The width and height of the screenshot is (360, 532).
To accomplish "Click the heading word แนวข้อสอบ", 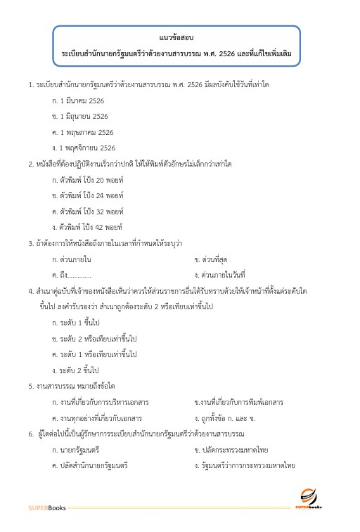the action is (176, 35).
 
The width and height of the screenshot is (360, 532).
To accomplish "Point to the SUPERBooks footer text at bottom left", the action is (46, 507).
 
